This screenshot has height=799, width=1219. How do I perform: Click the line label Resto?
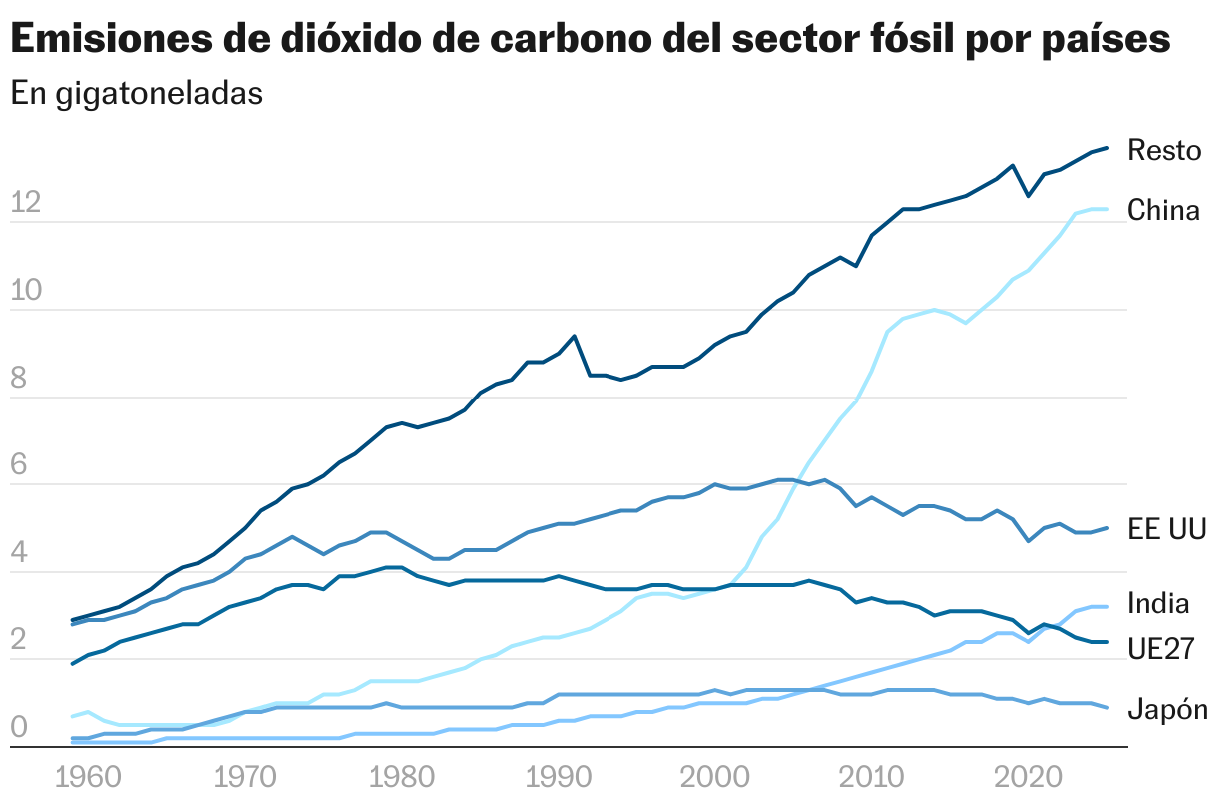1163,150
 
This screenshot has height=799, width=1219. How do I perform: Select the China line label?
1163,210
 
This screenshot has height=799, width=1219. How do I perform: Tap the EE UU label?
1167,529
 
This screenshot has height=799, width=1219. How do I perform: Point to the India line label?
1158,603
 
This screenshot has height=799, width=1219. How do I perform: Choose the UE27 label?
1161,648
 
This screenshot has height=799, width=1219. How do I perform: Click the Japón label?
1167,710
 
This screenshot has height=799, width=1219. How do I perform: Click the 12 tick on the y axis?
25,204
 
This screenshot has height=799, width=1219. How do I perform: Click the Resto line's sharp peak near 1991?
574,337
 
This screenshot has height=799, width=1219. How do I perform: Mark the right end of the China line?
1107,209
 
